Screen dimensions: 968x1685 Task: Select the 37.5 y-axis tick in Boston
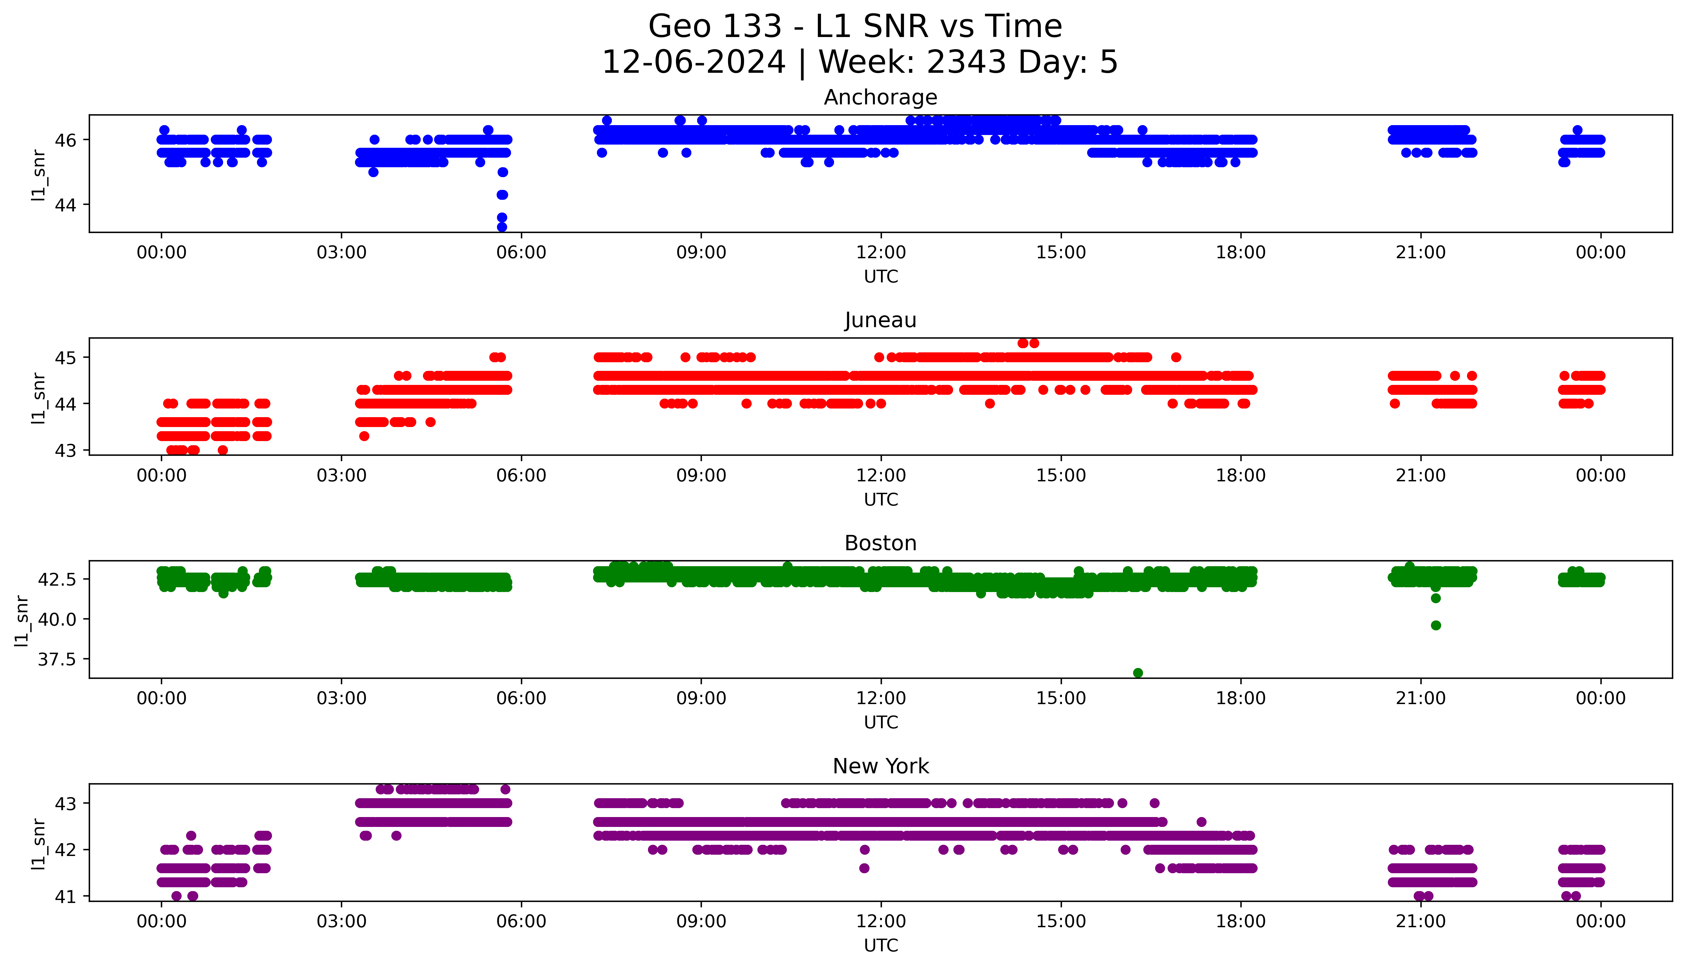58,659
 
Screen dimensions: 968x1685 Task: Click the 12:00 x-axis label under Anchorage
881,253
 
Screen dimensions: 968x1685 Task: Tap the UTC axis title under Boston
881,722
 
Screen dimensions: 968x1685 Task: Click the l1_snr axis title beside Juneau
39,398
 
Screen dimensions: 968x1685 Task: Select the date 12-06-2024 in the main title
693,63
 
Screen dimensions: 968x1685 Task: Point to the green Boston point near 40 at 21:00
1436,626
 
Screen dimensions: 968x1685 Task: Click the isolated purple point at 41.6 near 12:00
864,868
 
